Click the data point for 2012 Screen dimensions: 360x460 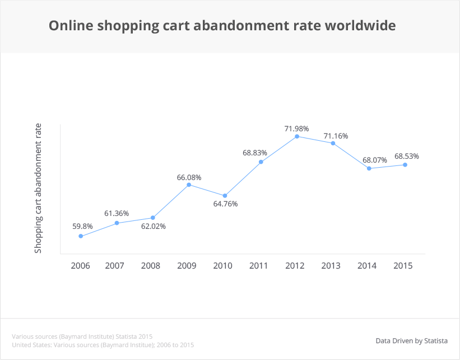[297, 136]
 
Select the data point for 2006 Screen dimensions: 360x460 [81, 236]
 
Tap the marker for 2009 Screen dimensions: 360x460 [189, 184]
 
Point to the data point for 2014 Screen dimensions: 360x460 [369, 168]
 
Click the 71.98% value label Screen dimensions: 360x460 [296, 129]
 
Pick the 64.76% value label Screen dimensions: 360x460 [225, 204]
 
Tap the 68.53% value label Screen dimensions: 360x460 [406, 156]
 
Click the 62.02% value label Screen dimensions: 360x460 [154, 226]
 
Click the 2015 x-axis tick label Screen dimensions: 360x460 [403, 265]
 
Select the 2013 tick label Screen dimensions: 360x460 [331, 265]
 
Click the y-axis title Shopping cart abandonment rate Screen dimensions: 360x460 [39, 188]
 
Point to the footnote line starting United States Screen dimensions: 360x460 [103, 344]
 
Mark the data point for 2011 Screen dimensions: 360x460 [261, 162]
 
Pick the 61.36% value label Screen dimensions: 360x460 [117, 214]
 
